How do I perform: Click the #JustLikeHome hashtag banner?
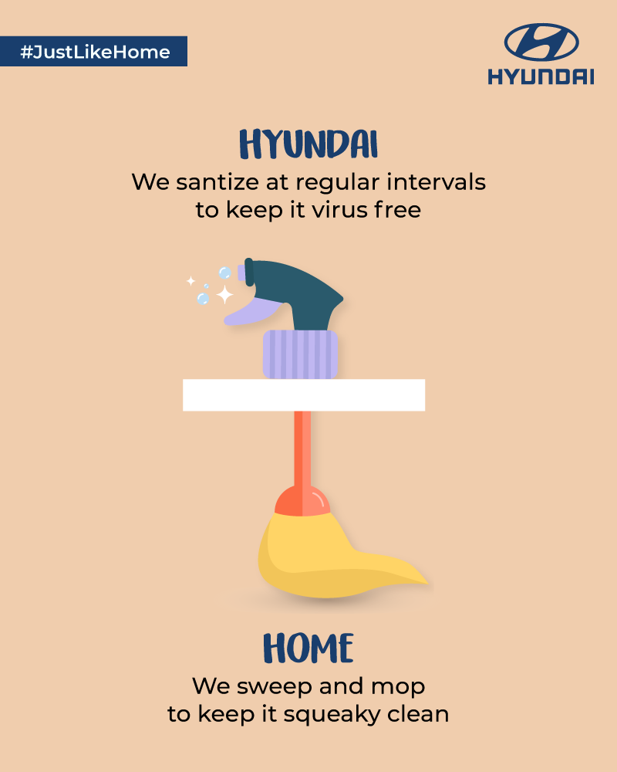tap(93, 51)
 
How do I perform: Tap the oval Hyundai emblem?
tap(541, 42)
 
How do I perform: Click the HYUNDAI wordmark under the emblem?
tap(541, 76)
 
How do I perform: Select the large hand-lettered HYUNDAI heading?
tap(308, 144)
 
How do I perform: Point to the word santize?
tap(217, 182)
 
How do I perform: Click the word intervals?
tap(436, 181)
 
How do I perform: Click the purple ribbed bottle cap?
tap(300, 354)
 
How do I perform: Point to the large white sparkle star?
tap(225, 294)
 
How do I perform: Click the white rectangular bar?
tap(304, 394)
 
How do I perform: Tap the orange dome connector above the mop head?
tap(302, 501)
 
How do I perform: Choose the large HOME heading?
tap(308, 648)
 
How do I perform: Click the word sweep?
tap(275, 687)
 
